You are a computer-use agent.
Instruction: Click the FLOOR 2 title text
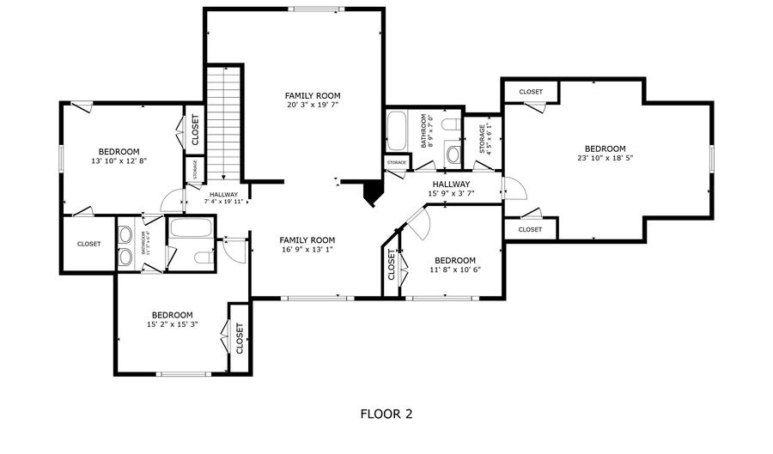coord(386,414)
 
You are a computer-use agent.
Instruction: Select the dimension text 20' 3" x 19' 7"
coord(313,106)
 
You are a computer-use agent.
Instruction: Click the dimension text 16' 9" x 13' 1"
coord(307,250)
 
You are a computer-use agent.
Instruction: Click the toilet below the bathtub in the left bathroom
coord(203,257)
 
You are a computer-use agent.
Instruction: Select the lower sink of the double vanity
coord(126,257)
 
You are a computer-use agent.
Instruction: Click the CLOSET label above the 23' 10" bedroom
coord(530,92)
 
